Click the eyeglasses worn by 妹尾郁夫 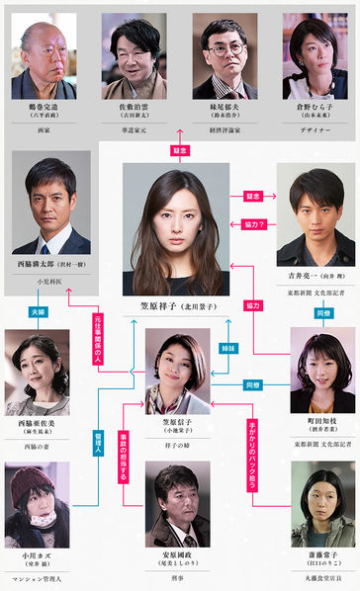tap(224, 45)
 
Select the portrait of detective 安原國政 tap(178, 505)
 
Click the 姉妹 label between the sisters tap(229, 349)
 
